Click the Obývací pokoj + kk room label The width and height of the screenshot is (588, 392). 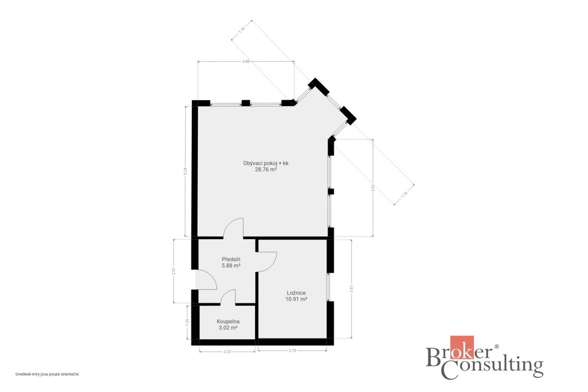click(x=266, y=163)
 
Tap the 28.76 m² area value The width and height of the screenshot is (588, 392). click(x=266, y=169)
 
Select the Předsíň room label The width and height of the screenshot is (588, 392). click(x=231, y=259)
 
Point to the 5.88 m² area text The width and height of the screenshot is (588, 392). click(x=231, y=266)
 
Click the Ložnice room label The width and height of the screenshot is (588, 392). click(x=296, y=293)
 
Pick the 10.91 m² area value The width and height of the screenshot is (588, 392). click(x=296, y=299)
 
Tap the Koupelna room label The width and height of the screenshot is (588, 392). click(x=228, y=322)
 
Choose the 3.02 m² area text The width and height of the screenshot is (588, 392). click(x=228, y=328)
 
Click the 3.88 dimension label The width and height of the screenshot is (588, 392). click(x=246, y=61)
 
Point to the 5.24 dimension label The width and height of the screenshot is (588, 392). click(x=185, y=171)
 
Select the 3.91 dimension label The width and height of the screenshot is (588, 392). click(x=373, y=188)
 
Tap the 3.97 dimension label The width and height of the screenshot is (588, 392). click(x=351, y=289)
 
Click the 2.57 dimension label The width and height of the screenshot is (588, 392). click(x=173, y=271)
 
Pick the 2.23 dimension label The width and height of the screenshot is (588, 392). click(x=227, y=352)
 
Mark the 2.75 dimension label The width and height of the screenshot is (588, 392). click(x=292, y=350)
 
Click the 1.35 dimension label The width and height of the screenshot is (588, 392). click(x=187, y=322)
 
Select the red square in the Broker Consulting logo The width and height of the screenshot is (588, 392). click(x=462, y=347)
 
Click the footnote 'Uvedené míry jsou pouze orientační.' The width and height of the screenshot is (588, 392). click(x=47, y=374)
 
